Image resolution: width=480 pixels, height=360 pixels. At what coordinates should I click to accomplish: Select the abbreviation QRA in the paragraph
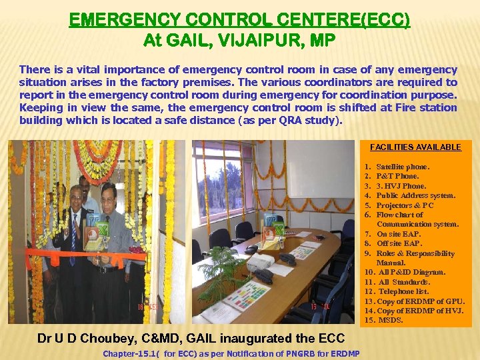coord(276,121)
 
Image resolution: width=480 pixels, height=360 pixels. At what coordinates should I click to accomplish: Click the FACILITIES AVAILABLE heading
coord(415,147)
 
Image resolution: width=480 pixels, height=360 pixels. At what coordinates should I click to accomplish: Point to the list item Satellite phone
coord(403,167)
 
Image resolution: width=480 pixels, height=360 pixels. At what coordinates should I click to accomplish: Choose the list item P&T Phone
coord(397,176)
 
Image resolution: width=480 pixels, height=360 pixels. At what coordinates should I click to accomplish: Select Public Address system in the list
coord(416,195)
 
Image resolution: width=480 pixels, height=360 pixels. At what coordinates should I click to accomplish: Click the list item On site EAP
coord(399,234)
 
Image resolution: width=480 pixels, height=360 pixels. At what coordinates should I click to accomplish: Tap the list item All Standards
coord(404,282)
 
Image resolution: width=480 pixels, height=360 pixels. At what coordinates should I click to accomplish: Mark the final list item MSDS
coord(391,321)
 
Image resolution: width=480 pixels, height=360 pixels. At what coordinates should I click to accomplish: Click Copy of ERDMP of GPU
coord(421,301)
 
